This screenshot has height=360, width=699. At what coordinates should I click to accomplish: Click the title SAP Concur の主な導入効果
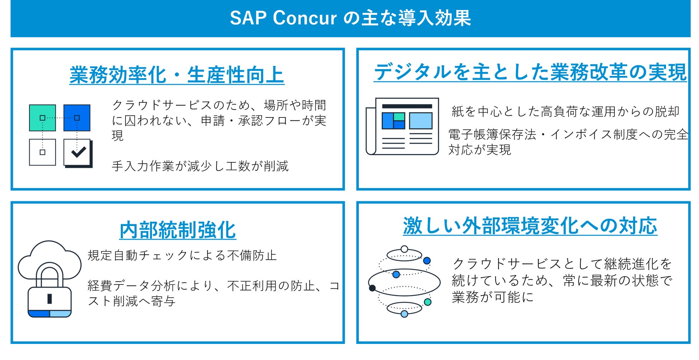[350, 18]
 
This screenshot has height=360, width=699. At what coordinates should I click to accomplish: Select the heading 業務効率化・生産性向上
[177, 75]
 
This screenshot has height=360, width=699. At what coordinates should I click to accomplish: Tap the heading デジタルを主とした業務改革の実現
[530, 72]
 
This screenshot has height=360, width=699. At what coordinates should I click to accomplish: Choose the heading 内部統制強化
[177, 230]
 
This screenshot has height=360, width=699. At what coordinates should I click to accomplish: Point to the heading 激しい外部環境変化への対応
[530, 226]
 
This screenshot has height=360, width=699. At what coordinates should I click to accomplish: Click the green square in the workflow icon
[42, 118]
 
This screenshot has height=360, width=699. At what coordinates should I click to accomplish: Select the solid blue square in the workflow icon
[77, 118]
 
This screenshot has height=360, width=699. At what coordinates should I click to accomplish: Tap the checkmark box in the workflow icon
[77, 153]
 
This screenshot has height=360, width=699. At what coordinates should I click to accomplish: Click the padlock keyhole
[49, 298]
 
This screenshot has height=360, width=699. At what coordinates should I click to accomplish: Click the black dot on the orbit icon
[372, 288]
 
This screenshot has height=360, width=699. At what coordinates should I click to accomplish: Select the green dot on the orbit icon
[427, 302]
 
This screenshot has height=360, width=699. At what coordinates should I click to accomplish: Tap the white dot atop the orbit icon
[404, 249]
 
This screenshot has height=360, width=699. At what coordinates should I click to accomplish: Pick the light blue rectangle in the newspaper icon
[420, 121]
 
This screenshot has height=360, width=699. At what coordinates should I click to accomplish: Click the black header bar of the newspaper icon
[407, 106]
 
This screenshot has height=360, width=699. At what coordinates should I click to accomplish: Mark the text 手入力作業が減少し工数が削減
[200, 166]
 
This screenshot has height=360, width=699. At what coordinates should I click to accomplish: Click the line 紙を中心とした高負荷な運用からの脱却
[565, 112]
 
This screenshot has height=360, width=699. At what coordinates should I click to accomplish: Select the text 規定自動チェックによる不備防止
[182, 255]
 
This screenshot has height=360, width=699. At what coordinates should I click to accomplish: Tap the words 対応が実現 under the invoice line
[480, 150]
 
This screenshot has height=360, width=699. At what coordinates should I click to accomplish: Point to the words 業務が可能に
[493, 297]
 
